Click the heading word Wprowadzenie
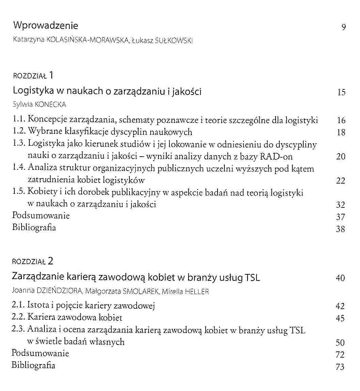[x=45, y=26]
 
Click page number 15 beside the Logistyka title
[x=341, y=92]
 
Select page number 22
[x=341, y=181]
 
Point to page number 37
[x=341, y=217]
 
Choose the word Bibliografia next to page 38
[x=34, y=228]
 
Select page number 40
[x=340, y=278]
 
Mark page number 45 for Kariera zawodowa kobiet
[x=340, y=319]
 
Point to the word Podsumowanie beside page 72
[x=40, y=353]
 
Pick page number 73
[x=340, y=367]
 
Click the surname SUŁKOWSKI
[x=174, y=40]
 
